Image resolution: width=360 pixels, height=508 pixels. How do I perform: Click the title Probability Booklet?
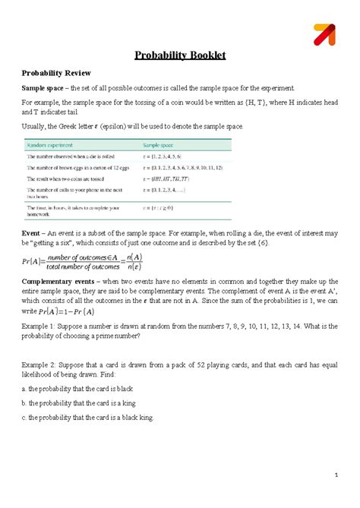[x=180, y=55]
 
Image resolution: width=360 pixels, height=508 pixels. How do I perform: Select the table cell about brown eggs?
[x=84, y=166]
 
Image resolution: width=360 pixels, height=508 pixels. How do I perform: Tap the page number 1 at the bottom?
[x=335, y=476]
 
